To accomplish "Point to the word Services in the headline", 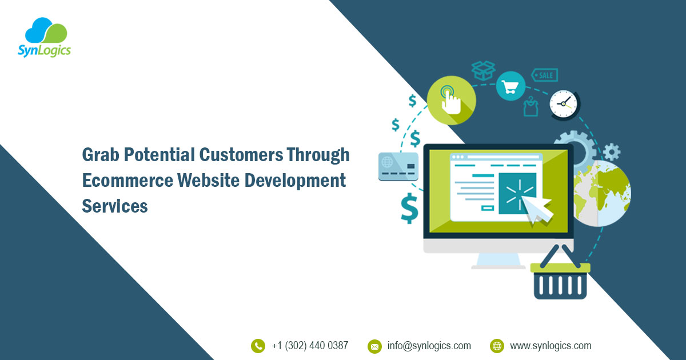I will click(x=115, y=206).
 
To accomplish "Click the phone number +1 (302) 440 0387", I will click(x=310, y=346).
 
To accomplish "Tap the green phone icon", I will click(x=258, y=346).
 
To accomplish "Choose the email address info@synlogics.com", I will click(x=429, y=346).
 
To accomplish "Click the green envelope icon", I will click(x=374, y=346).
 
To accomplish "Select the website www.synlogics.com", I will click(x=551, y=346).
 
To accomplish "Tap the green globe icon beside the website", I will click(x=497, y=346).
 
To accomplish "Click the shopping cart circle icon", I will click(x=510, y=87).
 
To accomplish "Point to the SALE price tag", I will click(x=545, y=75).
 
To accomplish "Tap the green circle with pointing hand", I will click(x=451, y=100).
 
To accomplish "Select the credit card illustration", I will click(x=398, y=166).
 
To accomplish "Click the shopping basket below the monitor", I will click(x=560, y=277).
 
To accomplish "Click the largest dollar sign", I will click(x=409, y=208).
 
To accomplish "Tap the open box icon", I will click(x=483, y=70).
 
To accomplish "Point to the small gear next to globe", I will click(x=611, y=151).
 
